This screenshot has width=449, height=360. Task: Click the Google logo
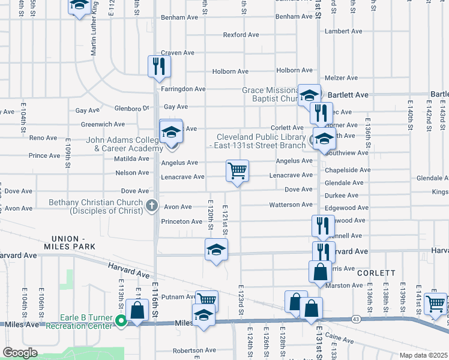point(20,353)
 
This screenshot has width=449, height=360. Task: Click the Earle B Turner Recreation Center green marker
point(121,322)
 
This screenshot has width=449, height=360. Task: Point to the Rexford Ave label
point(241,35)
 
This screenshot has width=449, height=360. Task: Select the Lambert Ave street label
point(343,31)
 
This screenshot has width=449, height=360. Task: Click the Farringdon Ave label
point(183,89)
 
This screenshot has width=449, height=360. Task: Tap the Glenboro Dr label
point(131,109)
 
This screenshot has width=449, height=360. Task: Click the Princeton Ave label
point(181,221)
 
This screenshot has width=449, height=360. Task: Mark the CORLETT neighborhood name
point(376,272)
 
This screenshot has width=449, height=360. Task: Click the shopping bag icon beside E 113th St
point(137,310)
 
